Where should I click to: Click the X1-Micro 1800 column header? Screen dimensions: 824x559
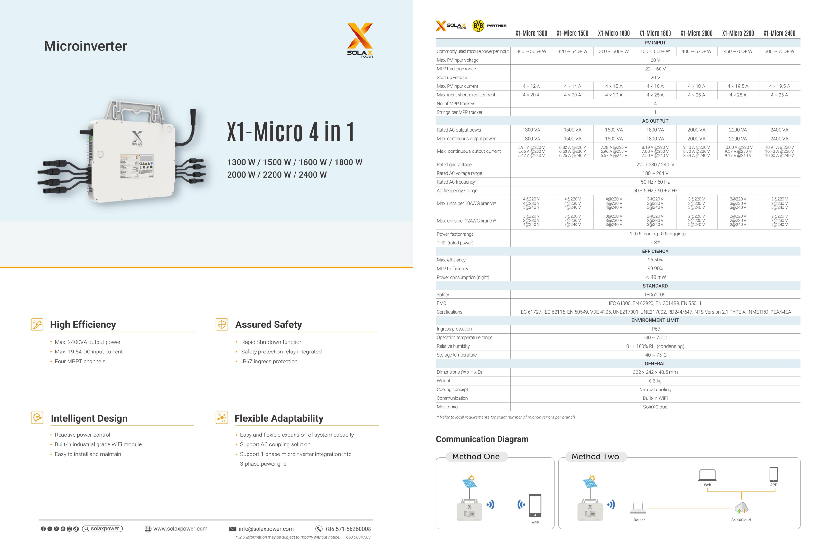(655, 33)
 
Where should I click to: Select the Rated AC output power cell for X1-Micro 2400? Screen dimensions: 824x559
(779, 130)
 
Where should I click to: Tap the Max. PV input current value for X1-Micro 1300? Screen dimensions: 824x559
(531, 86)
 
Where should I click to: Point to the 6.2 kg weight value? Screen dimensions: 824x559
(655, 381)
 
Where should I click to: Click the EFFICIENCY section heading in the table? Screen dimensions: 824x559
(655, 251)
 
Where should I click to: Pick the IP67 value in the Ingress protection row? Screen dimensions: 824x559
(655, 329)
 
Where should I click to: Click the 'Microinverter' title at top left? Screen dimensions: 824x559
(85, 46)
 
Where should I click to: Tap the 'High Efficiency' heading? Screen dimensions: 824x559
(83, 325)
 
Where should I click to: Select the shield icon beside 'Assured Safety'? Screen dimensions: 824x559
(221, 324)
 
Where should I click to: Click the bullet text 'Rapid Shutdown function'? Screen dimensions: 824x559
(272, 342)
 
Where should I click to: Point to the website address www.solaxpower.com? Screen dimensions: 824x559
(180, 528)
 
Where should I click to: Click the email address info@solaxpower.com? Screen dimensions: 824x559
(266, 529)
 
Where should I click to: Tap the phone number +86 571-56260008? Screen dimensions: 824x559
(348, 529)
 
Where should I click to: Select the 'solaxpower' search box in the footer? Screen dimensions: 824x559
(102, 528)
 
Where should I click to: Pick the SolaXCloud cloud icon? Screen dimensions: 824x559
(741, 508)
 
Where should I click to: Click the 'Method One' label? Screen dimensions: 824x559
(475, 456)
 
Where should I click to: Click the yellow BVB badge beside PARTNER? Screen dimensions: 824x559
(478, 25)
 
